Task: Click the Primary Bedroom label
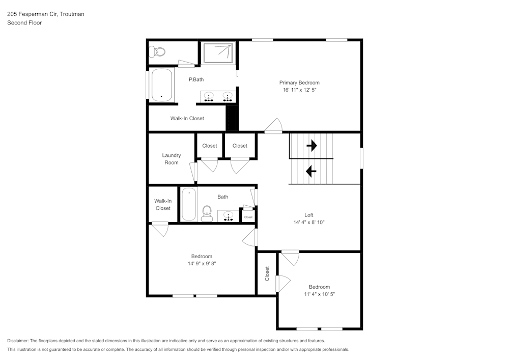click(299, 82)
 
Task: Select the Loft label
click(308, 215)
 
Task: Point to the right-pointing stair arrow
click(312, 146)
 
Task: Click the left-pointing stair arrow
click(310, 171)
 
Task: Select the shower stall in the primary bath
click(218, 53)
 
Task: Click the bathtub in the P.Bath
click(162, 85)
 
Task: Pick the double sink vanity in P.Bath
click(218, 96)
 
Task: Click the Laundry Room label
click(172, 159)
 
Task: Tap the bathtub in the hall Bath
click(189, 204)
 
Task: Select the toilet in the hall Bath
click(207, 213)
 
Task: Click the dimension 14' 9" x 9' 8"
click(202, 263)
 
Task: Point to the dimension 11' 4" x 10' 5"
click(319, 294)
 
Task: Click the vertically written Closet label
click(267, 273)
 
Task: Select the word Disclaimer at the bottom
click(18, 341)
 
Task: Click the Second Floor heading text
click(24, 23)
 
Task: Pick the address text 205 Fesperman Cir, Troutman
click(46, 14)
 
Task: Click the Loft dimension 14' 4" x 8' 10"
click(308, 222)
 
